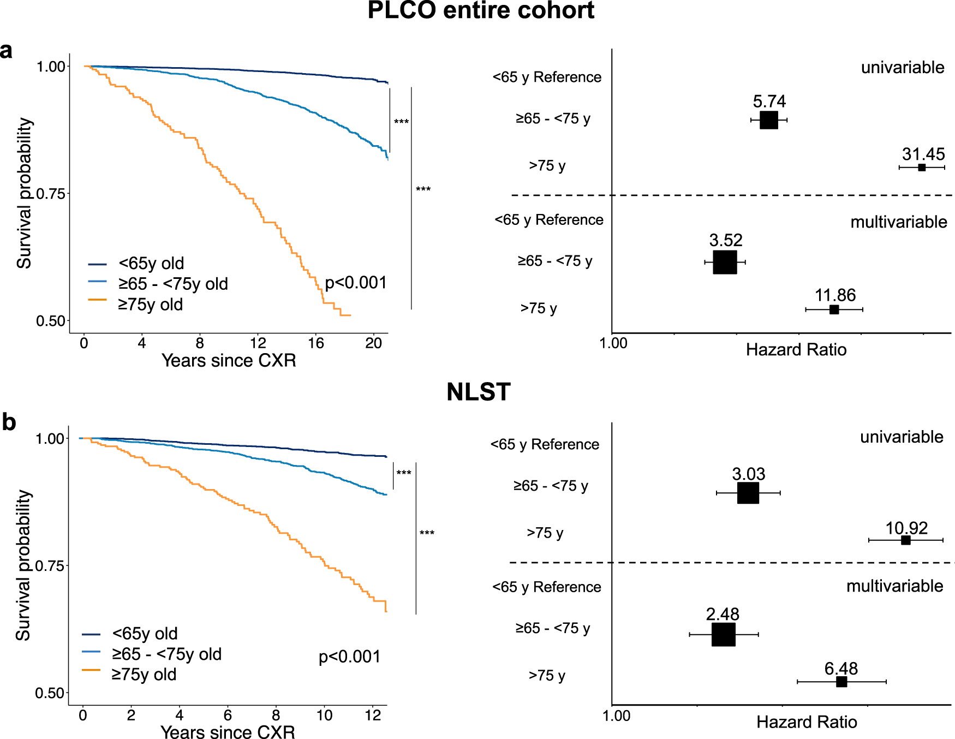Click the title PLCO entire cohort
481,11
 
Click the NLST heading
478,392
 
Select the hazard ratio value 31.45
923,154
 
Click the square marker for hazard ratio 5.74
768,120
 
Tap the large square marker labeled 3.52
725,263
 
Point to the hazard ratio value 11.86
835,295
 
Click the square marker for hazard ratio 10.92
905,540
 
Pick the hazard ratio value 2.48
723,615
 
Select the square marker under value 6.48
841,682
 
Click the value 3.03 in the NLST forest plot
748,474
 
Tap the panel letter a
6,51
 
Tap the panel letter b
9,422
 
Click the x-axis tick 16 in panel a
315,343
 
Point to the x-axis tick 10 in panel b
324,716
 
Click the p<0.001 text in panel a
355,283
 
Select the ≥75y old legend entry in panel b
144,675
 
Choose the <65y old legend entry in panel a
151,264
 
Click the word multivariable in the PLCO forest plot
898,222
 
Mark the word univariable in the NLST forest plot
902,437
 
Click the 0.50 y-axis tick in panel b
50,693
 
